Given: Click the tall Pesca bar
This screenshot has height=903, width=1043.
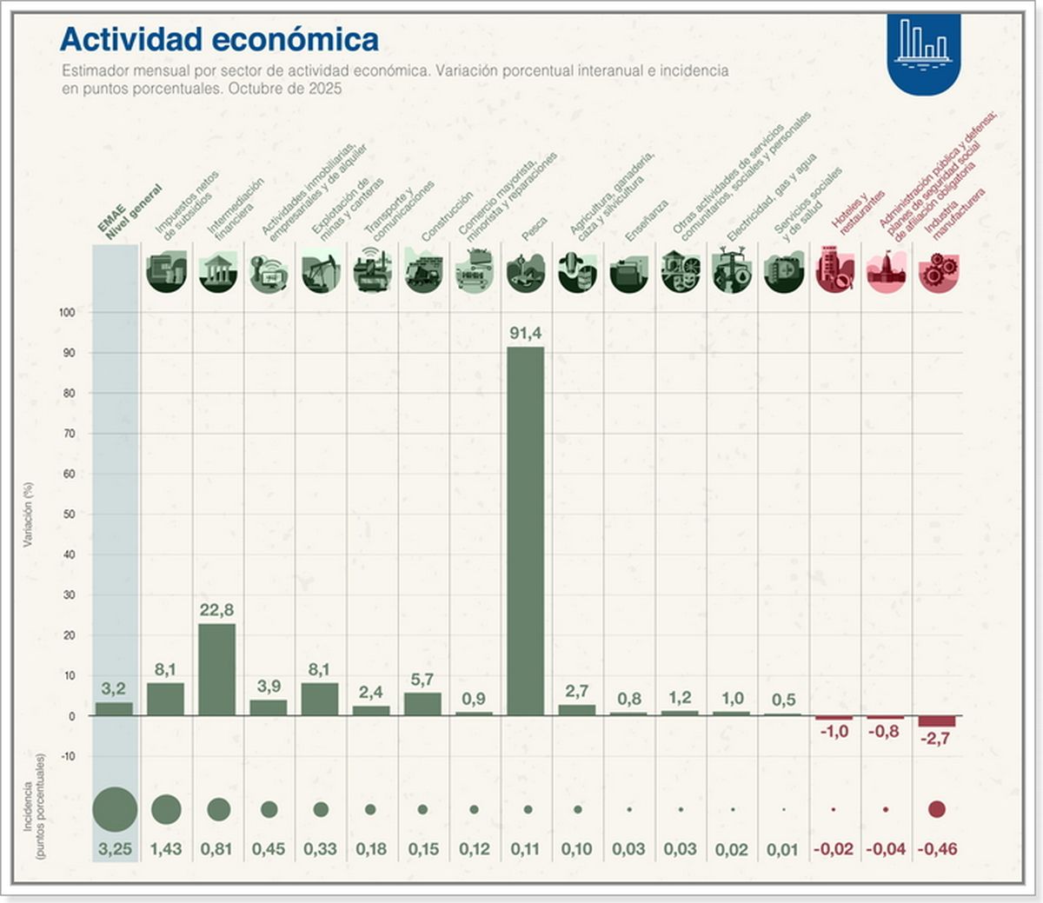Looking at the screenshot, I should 525,530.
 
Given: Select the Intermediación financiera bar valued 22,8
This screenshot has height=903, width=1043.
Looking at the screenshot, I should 216,669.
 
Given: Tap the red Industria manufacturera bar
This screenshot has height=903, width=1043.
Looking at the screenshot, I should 936,721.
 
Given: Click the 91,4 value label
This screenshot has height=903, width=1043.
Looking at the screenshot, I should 525,334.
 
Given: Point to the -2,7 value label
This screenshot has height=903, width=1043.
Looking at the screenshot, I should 936,739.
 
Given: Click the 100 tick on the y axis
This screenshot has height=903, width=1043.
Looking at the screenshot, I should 67,312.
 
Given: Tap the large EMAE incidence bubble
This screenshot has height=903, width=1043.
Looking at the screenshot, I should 115,809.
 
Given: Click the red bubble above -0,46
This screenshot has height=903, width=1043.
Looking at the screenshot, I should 936,809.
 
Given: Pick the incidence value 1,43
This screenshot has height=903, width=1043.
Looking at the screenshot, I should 165,849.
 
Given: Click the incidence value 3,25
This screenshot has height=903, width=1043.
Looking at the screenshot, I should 115,849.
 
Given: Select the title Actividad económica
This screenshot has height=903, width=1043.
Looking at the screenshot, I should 219,39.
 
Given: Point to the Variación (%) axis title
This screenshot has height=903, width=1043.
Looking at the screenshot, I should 28,515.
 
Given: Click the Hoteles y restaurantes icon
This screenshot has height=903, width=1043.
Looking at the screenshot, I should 834,270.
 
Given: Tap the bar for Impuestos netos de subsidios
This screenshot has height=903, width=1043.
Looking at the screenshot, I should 165,699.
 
